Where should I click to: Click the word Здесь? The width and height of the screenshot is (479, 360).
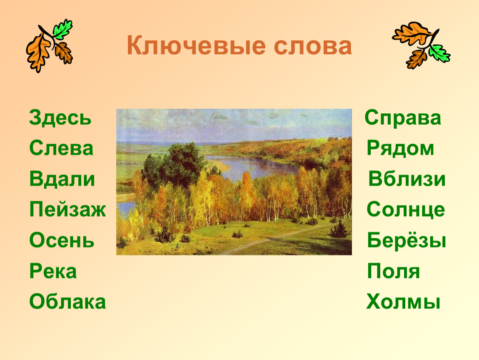point(60,117)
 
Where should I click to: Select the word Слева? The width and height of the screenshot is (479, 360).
point(61,148)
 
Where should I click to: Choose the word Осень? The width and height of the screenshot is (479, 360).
point(62,240)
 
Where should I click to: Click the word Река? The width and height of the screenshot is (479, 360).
point(53,271)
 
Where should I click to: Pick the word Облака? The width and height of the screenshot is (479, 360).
point(67,302)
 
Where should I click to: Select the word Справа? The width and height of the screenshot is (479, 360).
point(403,118)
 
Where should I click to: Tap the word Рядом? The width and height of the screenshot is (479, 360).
point(400,148)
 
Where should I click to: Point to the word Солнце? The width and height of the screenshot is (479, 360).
point(406,210)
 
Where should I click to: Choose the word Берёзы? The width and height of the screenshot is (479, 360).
point(407,240)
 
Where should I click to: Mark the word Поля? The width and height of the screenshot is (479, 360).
point(394,271)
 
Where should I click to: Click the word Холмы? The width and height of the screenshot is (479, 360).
point(403,302)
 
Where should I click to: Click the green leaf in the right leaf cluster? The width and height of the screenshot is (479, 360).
point(439,53)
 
